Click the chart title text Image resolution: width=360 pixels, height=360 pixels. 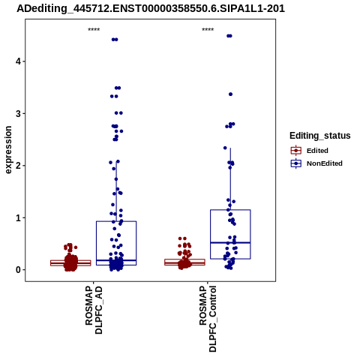(151, 8)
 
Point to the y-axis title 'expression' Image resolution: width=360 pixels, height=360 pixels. (8, 150)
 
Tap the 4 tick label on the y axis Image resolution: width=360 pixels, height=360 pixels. (18, 61)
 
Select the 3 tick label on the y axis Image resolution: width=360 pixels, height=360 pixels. (18, 113)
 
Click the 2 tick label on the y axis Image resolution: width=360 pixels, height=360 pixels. (18, 166)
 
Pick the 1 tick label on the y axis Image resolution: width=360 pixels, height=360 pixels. (18, 217)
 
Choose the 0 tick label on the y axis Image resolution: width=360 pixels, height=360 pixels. (18, 270)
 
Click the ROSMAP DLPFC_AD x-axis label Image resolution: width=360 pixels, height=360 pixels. (94, 310)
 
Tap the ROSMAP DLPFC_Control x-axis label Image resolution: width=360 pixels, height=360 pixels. (208, 319)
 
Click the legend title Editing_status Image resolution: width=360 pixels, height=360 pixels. (320, 136)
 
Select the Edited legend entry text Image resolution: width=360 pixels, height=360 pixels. (317, 151)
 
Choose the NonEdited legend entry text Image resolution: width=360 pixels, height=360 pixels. (325, 163)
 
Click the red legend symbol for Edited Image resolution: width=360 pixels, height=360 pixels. (296, 151)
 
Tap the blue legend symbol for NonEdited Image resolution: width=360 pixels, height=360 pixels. (296, 163)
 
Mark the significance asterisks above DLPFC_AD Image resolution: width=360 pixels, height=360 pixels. (94, 30)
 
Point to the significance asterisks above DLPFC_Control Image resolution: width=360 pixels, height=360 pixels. (208, 30)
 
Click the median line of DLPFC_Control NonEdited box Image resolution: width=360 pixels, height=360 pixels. (230, 242)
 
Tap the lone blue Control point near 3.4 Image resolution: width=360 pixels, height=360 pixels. (231, 94)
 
